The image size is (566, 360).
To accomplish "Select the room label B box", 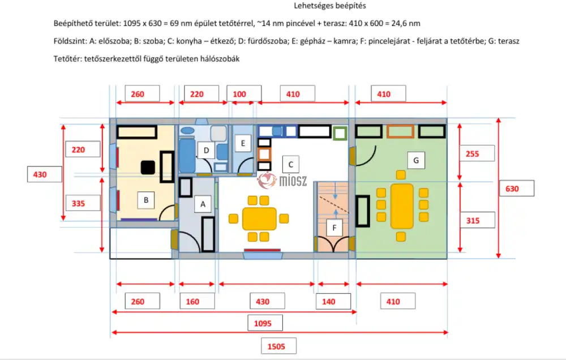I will [146, 200].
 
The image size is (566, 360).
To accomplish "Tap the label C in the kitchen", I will [290, 165].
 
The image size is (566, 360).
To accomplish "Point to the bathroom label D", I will [207, 150].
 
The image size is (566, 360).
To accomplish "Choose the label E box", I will [243, 143].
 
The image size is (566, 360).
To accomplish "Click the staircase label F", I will [335, 228].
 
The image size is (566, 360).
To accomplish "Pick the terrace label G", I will [416, 161].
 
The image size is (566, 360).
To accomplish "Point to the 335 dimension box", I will [83, 202].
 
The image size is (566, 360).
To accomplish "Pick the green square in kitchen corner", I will [340, 134].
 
